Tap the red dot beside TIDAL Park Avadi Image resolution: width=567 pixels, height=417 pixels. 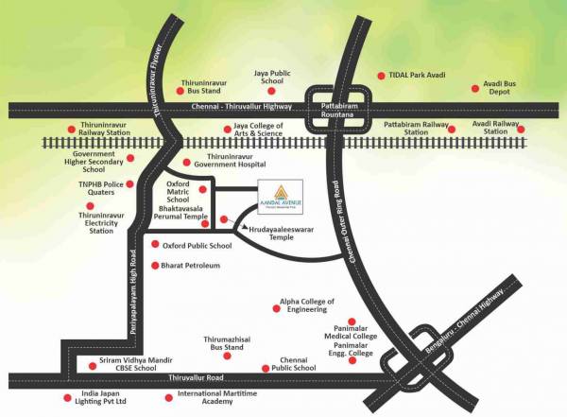tap(381, 75)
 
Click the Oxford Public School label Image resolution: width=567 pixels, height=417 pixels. tap(197, 246)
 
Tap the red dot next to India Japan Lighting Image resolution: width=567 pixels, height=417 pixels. tap(66, 397)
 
